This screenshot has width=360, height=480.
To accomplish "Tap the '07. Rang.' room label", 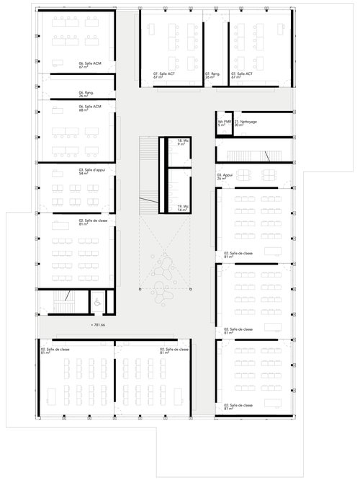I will [212, 73].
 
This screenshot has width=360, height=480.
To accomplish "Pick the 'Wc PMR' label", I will [225, 123].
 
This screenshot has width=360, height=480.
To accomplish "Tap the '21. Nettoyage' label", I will [247, 123].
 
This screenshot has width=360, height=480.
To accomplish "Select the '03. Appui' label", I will [225, 174].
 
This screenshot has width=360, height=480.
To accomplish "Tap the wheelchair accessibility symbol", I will [97, 303].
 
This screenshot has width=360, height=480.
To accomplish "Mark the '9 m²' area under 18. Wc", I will [181, 144].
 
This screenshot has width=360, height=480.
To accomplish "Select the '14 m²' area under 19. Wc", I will [182, 210].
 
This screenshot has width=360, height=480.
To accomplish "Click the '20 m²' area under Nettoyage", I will [239, 127].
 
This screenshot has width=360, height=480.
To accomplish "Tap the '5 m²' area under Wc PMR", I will [222, 127].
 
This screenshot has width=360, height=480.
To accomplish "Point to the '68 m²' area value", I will [84, 110].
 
